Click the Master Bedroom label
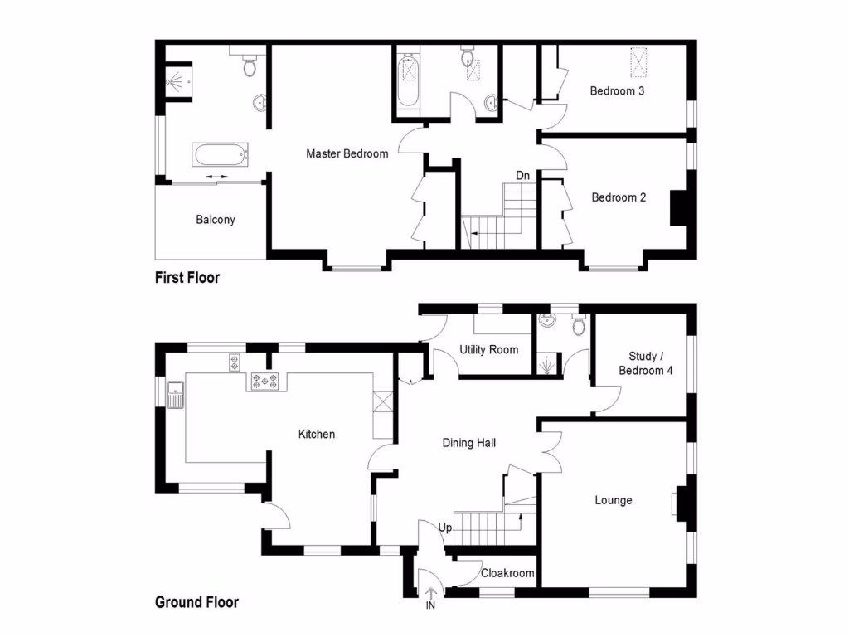point(347,153)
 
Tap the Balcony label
point(216,220)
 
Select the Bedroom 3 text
point(617,91)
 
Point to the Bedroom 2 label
point(619,197)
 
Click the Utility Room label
point(489,350)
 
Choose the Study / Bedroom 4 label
point(646,364)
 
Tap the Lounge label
point(614,500)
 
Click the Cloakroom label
point(507,573)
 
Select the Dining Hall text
point(469,443)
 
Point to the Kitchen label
point(317,434)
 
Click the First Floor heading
point(187,278)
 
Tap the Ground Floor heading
point(196,602)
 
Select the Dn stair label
point(523,176)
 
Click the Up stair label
point(445,528)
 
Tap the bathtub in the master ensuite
point(220,153)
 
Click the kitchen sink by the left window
point(175,394)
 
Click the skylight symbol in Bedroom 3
point(638,61)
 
